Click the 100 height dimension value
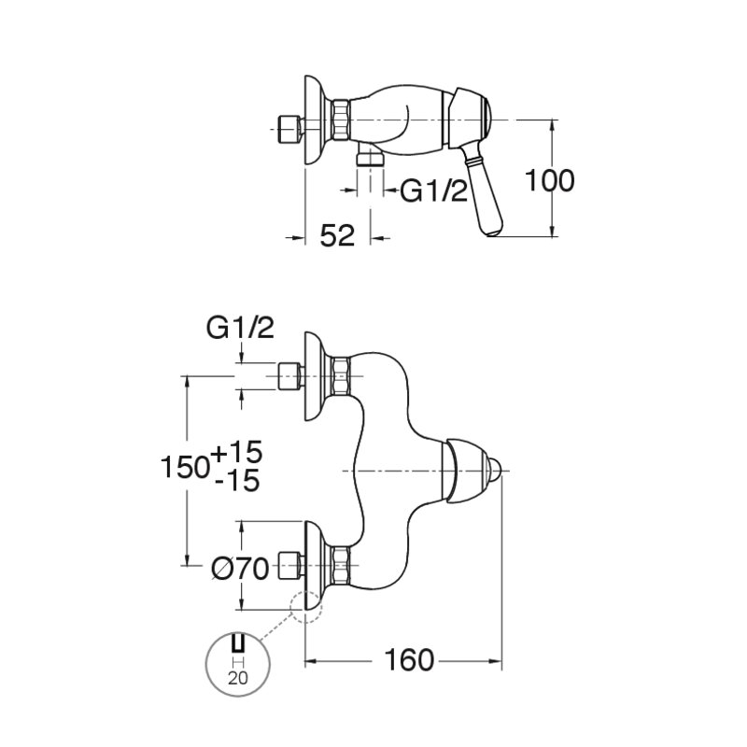point(549,180)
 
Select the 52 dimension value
point(337,236)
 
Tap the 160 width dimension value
point(409,660)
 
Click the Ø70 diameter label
point(241,569)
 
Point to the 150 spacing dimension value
point(185,466)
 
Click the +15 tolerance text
point(237,452)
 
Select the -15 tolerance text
point(238,480)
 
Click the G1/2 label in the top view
point(433,191)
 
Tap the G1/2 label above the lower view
point(240,328)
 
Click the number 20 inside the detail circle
point(238,678)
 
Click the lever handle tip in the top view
point(492,232)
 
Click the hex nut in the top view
point(341,120)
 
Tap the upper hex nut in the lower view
point(341,376)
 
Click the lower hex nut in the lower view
point(341,566)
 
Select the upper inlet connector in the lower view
point(289,376)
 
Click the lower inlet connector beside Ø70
point(289,566)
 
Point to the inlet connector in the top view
point(289,129)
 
